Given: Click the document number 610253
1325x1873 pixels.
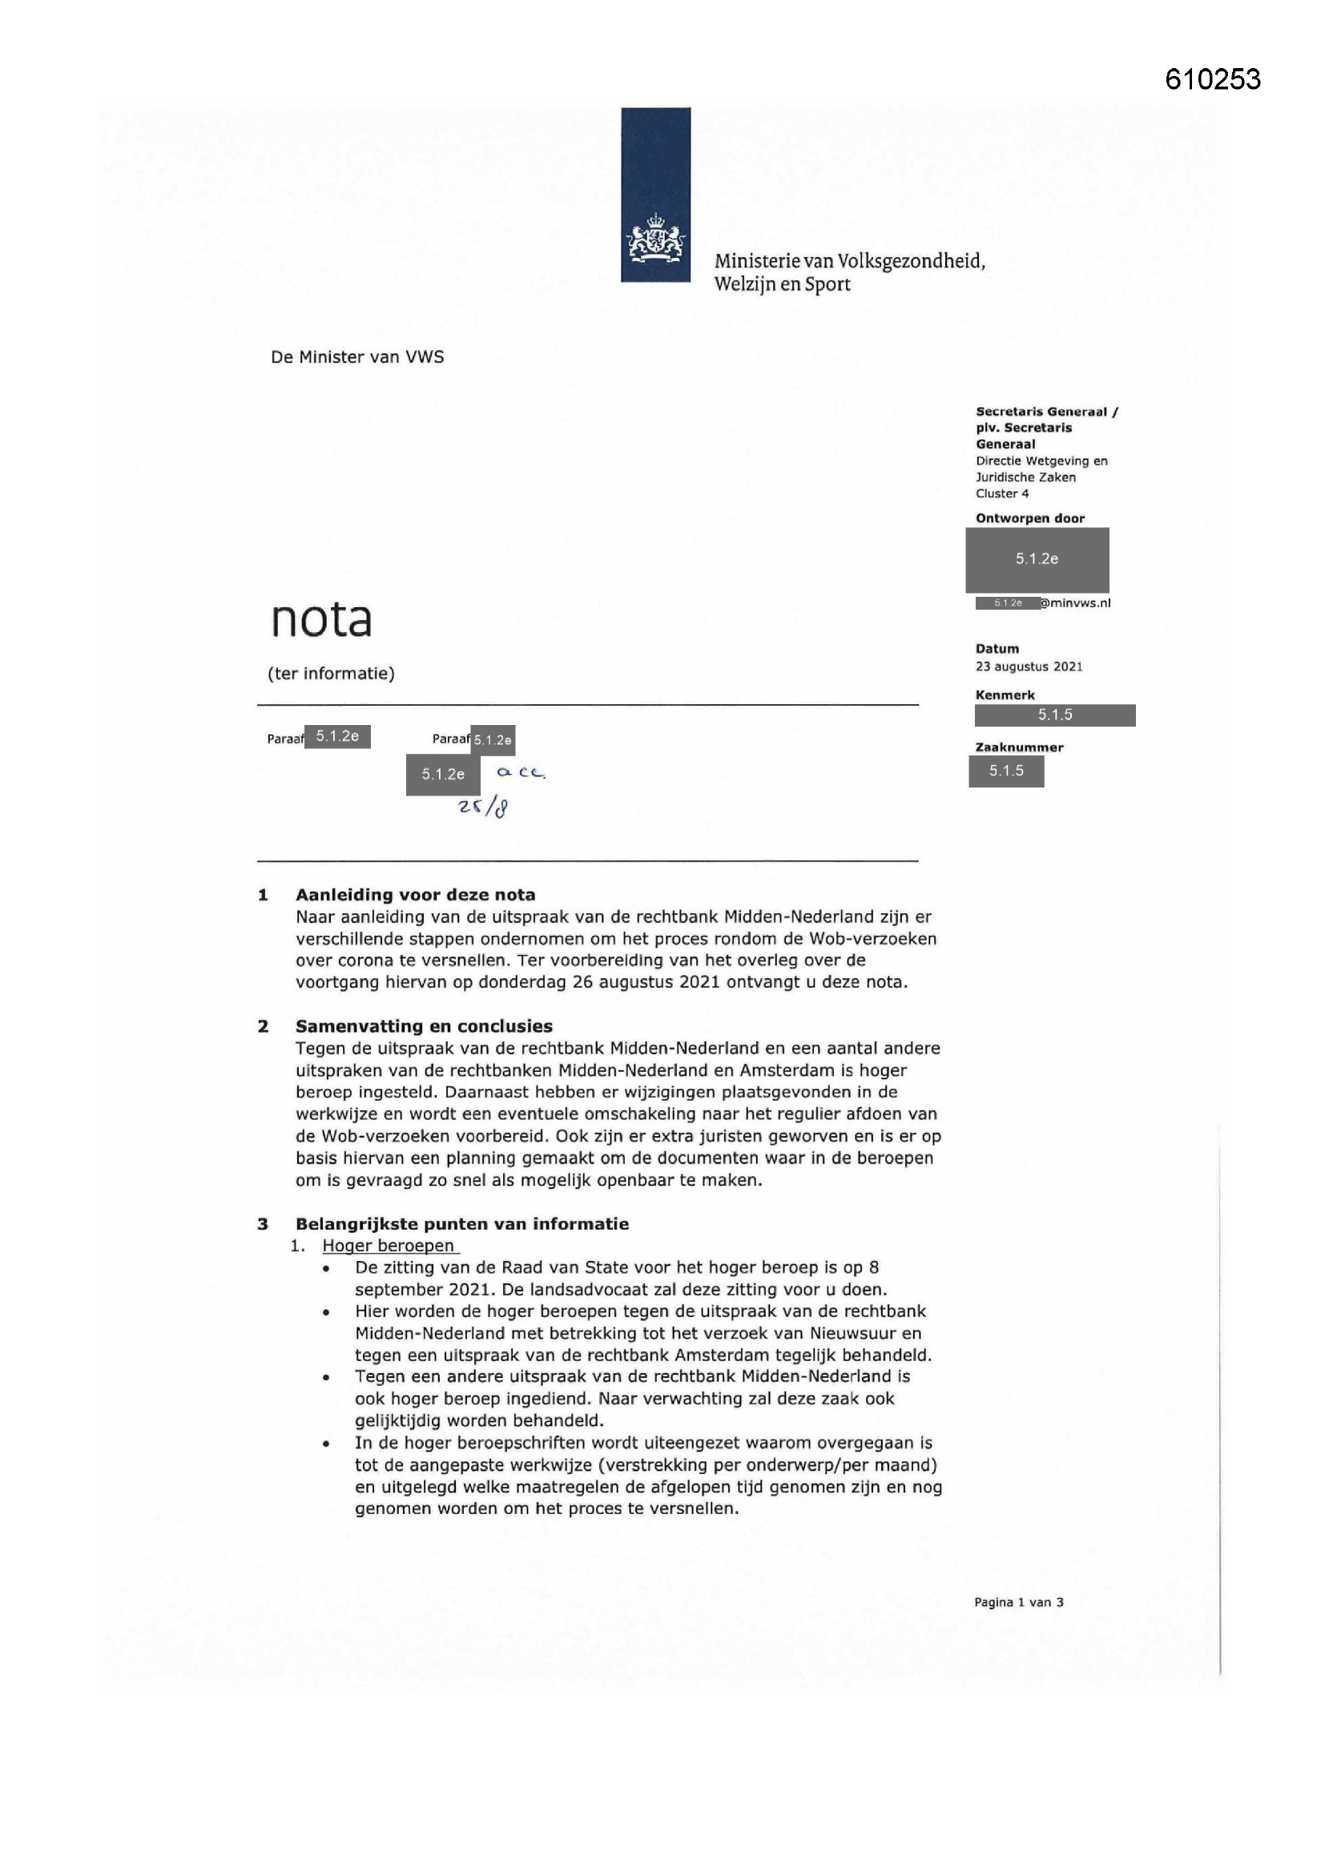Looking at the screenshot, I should point(1212,79).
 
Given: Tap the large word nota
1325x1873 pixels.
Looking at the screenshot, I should point(320,619).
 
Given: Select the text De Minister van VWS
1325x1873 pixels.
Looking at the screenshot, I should point(357,356).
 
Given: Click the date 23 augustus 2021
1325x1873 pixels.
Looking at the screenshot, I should point(1029,667).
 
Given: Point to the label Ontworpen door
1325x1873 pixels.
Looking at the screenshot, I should point(1029,518).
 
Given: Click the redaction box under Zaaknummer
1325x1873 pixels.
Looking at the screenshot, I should point(1006,771).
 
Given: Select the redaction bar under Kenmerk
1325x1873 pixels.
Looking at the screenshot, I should point(1054,715).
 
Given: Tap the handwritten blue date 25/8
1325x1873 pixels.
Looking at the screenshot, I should point(484,807).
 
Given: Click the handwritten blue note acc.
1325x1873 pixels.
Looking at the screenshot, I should point(521,771).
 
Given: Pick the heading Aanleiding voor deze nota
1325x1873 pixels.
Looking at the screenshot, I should point(415,895).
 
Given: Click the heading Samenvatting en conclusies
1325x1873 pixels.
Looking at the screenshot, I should point(424,1026).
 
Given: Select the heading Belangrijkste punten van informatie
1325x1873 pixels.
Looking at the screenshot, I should point(461,1223).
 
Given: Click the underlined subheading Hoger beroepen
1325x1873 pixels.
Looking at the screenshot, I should point(389,1246).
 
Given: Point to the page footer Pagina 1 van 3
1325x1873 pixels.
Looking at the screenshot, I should point(1018,1602).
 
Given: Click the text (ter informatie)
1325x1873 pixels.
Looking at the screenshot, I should point(332,673).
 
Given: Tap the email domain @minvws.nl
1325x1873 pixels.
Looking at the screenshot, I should point(1075,603).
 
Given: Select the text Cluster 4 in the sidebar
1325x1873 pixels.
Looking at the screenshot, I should point(1002,493).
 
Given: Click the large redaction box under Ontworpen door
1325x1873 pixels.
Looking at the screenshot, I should point(1037,559).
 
